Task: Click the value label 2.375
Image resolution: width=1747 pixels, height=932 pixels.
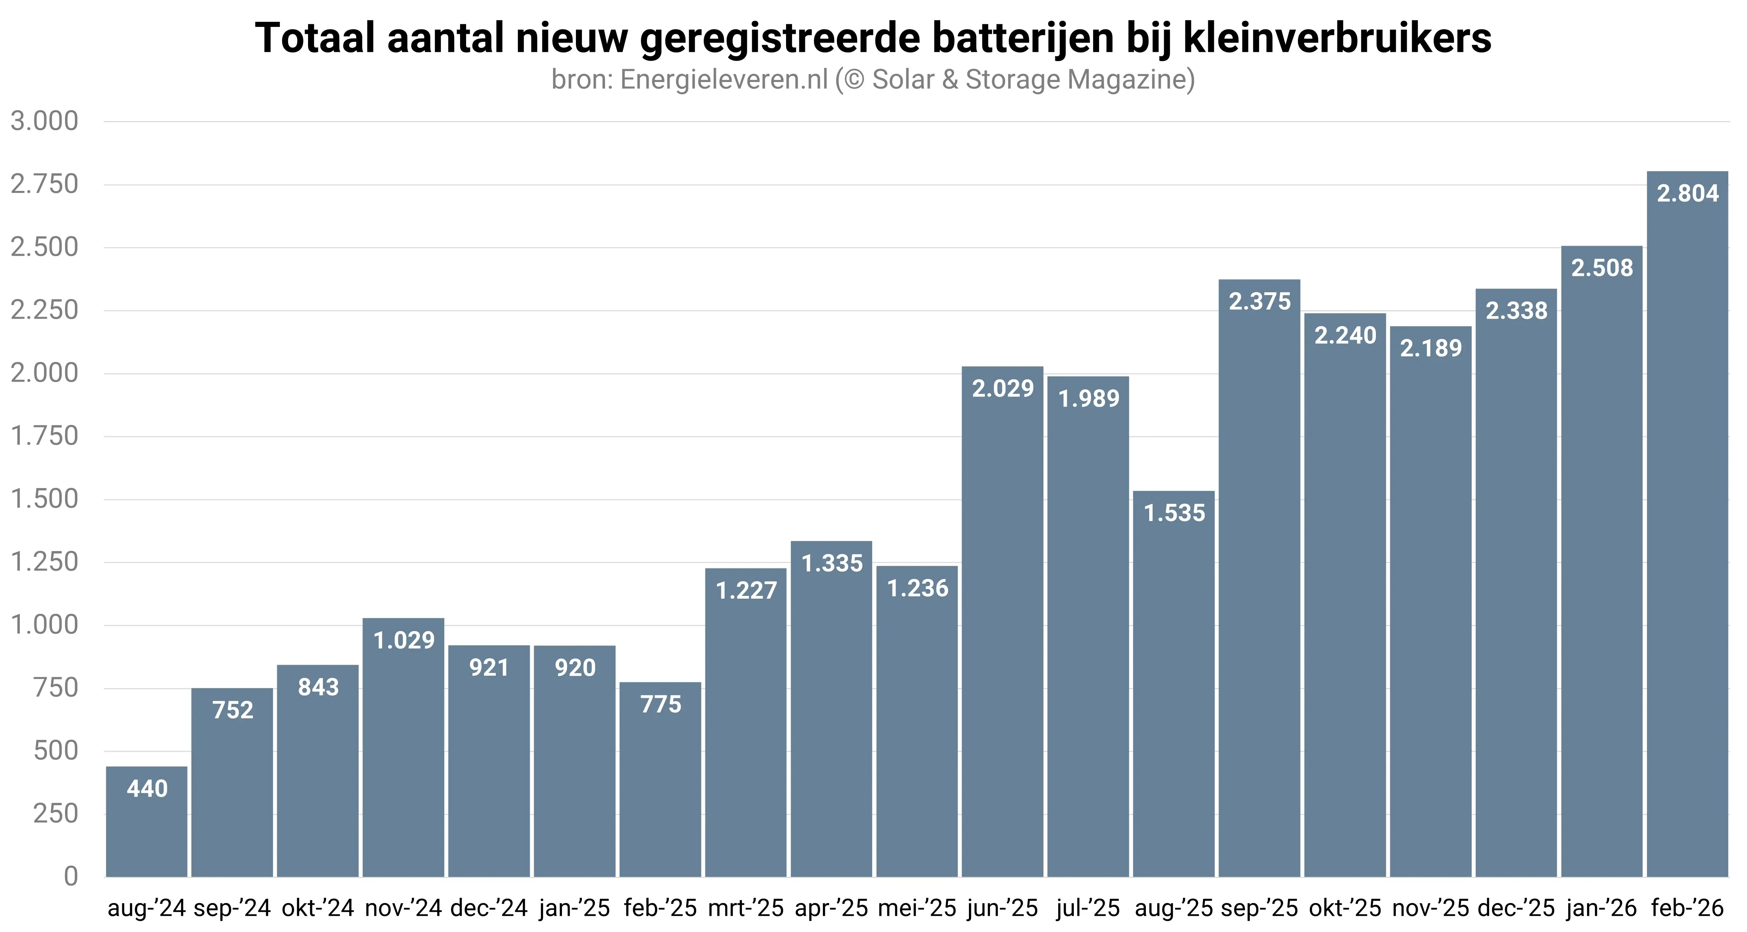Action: (1259, 301)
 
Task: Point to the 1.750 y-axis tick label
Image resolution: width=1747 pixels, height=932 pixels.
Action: (45, 436)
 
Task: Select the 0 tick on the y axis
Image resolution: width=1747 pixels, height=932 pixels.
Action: (70, 876)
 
